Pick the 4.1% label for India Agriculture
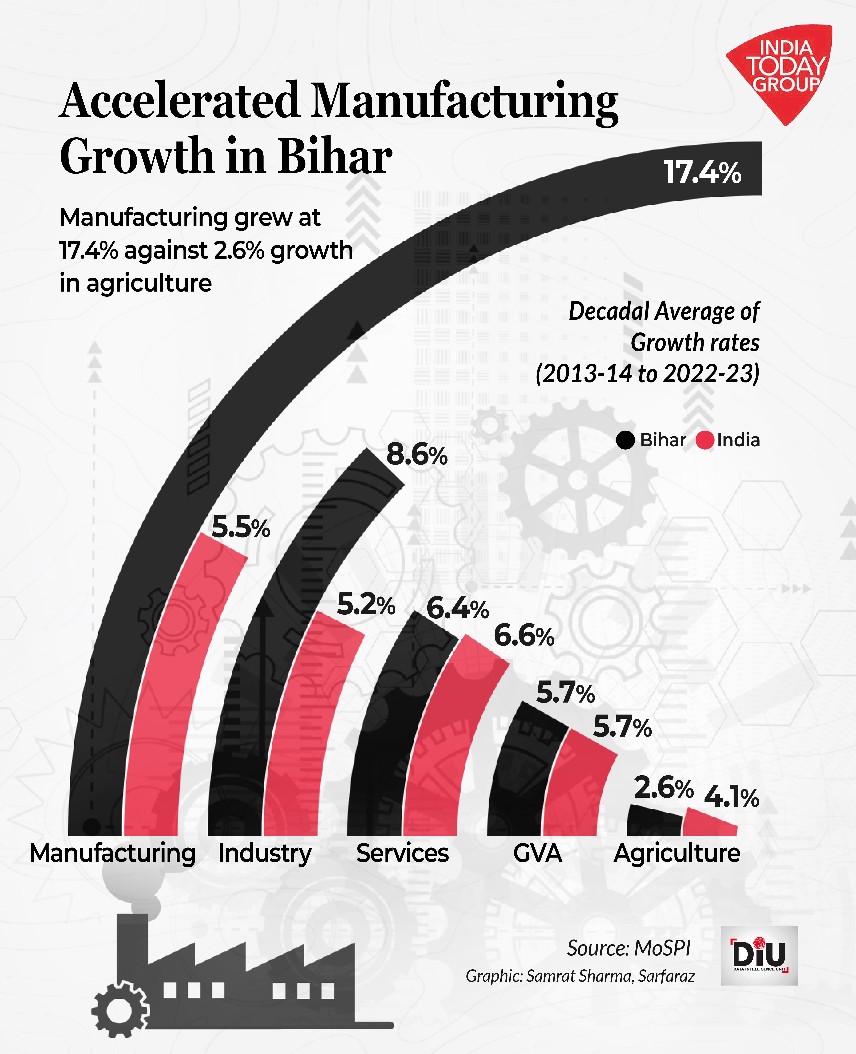point(731,797)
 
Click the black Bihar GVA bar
point(518,779)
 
